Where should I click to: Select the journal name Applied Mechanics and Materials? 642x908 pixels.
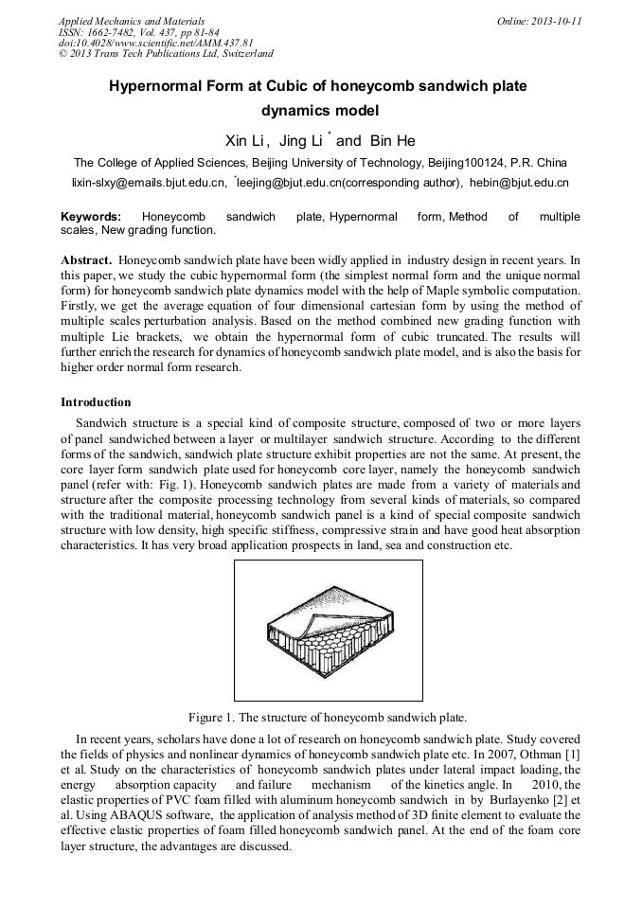point(132,21)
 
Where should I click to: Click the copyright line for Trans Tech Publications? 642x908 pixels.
point(166,54)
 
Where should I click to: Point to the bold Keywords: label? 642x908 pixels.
point(91,217)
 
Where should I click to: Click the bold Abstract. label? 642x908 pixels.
point(88,259)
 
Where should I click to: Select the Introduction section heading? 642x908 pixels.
point(96,402)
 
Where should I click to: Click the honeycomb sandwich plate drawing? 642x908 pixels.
point(328,631)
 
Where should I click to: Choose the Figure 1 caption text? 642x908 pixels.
point(328,716)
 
